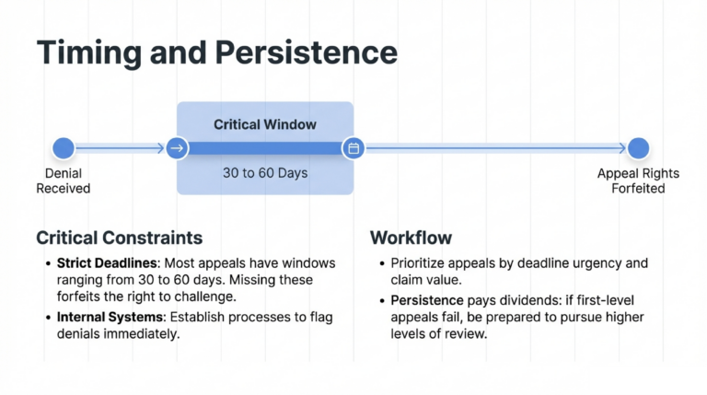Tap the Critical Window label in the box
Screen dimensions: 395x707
pyautogui.click(x=264, y=123)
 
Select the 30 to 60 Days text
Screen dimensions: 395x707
pyautogui.click(x=264, y=172)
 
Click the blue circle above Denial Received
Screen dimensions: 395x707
pyautogui.click(x=64, y=147)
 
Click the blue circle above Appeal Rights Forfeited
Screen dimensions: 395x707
pyautogui.click(x=638, y=147)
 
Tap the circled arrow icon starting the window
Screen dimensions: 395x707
pyautogui.click(x=178, y=147)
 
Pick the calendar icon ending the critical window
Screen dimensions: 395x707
pyautogui.click(x=353, y=147)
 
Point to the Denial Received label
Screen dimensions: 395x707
pyautogui.click(x=64, y=180)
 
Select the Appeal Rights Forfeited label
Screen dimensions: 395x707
pyautogui.click(x=638, y=180)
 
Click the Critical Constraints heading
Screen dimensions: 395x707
pyautogui.click(x=119, y=238)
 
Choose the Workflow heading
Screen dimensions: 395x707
pyautogui.click(x=411, y=238)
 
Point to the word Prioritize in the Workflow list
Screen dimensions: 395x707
pyautogui.click(x=419, y=263)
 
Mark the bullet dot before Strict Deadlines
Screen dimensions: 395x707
pyautogui.click(x=48, y=264)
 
